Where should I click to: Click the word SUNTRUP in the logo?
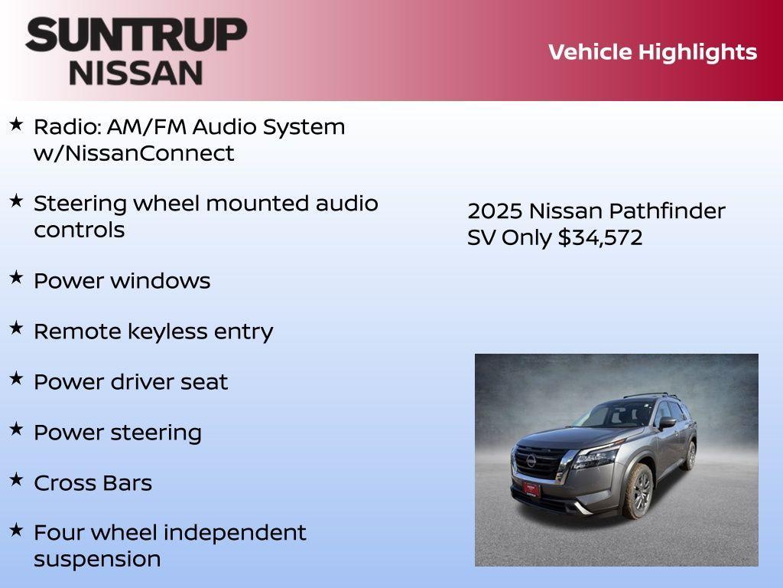point(136,34)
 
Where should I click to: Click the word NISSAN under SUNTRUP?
point(136,73)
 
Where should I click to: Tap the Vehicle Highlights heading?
point(652,52)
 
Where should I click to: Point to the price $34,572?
point(600,237)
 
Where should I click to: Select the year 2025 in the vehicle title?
point(495,211)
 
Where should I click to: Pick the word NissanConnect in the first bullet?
point(134,153)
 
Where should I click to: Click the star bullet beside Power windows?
point(16,278)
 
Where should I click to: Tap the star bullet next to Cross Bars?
point(16,480)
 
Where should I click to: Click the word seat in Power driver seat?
point(204,382)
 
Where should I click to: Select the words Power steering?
point(118,433)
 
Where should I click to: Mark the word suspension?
point(97,559)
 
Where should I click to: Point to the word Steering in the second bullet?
point(80,204)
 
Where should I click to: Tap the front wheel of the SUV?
point(638,490)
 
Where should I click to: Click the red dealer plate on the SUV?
point(531,488)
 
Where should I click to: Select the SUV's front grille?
point(540,461)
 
